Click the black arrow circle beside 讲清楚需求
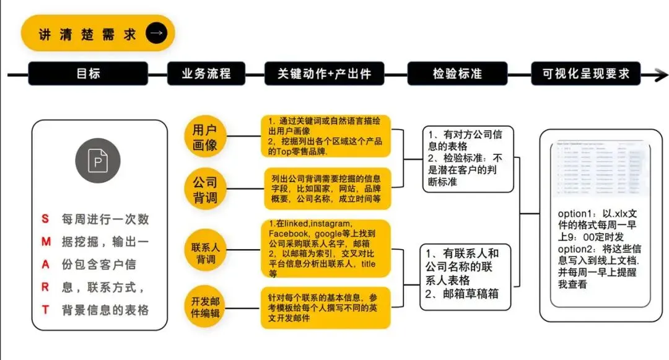click(156, 33)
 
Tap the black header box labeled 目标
click(88, 74)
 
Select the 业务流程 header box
click(206, 74)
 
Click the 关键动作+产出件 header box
click(325, 74)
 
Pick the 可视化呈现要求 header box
click(585, 74)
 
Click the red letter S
click(45, 219)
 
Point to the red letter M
click(45, 242)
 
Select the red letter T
click(45, 310)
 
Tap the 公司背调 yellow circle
click(205, 190)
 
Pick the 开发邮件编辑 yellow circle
click(205, 308)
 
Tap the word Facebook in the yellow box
click(288, 234)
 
